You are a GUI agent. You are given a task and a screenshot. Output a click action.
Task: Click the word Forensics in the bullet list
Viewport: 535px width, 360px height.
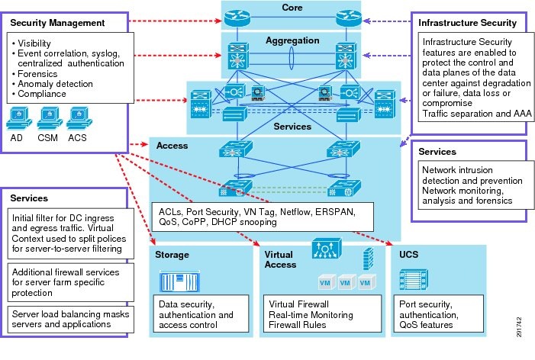(37, 75)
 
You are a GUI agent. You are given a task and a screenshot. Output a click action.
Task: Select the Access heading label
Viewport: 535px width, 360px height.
(172, 144)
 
